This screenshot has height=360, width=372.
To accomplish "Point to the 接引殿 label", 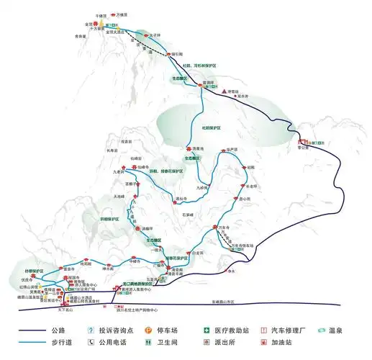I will tap(178, 55).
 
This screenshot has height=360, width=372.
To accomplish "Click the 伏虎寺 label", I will tap(27, 278).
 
